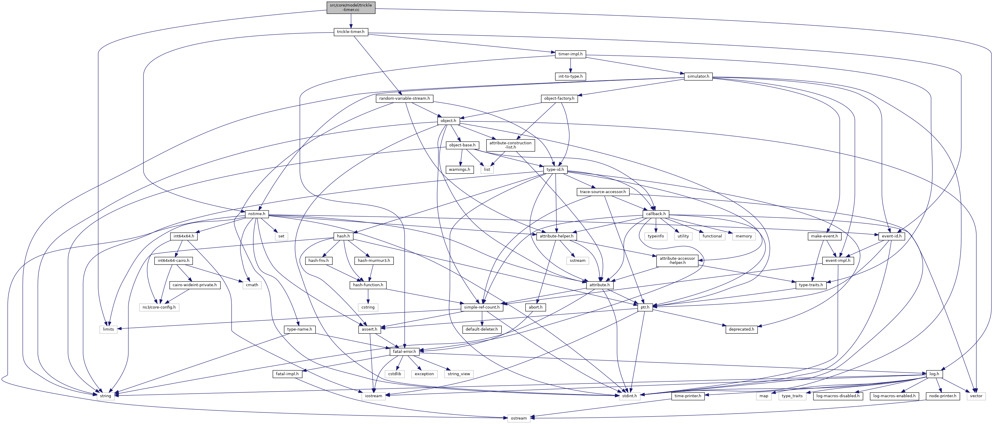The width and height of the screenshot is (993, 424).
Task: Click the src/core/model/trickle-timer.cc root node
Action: click(x=351, y=7)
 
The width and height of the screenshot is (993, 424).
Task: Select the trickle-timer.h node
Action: click(x=350, y=32)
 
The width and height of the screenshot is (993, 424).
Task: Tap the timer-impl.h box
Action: click(x=570, y=54)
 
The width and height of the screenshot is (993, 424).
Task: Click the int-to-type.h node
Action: click(x=570, y=76)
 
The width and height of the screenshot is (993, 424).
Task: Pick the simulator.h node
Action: click(x=698, y=76)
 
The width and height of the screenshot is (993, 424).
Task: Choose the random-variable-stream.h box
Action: click(x=404, y=98)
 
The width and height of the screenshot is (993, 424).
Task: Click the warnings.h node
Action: click(x=459, y=169)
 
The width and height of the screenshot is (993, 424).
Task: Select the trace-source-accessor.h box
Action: click(x=603, y=192)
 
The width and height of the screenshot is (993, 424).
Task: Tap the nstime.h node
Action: click(x=256, y=214)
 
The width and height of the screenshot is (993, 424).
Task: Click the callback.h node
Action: click(x=656, y=214)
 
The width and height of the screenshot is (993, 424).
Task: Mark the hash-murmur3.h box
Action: click(x=374, y=261)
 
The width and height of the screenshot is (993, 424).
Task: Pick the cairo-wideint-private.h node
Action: click(x=195, y=285)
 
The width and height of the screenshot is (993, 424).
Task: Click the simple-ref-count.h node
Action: click(x=481, y=307)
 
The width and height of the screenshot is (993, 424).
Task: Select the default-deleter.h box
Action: click(x=481, y=329)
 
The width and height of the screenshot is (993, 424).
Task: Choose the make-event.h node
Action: click(x=824, y=236)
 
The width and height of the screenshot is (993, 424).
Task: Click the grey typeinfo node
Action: click(x=656, y=236)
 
